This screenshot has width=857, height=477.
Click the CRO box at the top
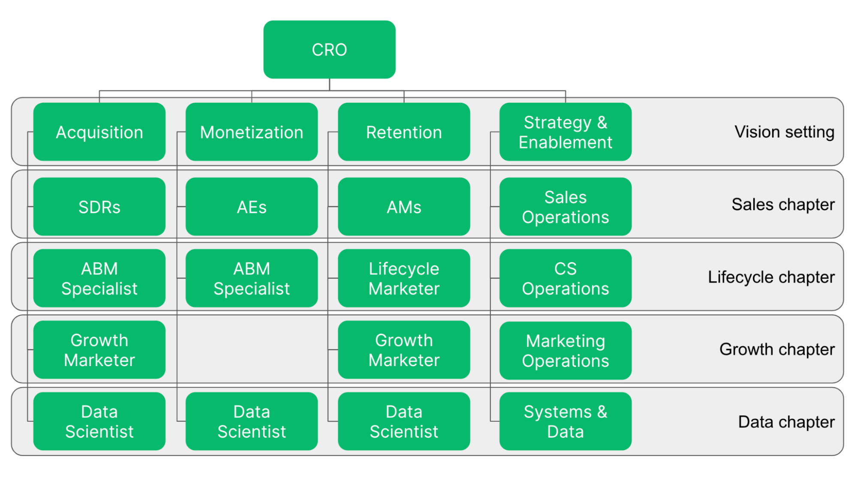tap(329, 50)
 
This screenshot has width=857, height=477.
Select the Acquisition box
tap(99, 132)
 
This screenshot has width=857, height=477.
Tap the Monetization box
tap(252, 132)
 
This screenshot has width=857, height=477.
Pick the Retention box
tap(404, 132)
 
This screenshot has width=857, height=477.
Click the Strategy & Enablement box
tap(565, 132)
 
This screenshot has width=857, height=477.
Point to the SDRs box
tap(99, 207)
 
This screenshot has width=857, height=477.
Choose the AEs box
tap(252, 207)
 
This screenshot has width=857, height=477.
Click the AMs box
tap(404, 207)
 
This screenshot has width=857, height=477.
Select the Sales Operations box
tap(565, 207)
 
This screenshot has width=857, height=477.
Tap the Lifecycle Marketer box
tap(404, 278)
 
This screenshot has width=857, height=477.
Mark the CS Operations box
tap(565, 278)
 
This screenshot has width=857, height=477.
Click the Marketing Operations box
tap(565, 350)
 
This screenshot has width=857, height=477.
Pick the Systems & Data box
tap(565, 421)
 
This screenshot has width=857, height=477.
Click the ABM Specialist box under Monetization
tap(252, 278)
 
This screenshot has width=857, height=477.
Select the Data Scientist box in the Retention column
tap(404, 421)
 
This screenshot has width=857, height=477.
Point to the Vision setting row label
tap(784, 132)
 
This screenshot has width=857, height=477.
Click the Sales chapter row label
tap(783, 205)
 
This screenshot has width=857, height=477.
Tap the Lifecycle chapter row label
tap(771, 277)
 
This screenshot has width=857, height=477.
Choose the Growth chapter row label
tap(777, 349)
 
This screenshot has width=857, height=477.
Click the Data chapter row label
tap(786, 422)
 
